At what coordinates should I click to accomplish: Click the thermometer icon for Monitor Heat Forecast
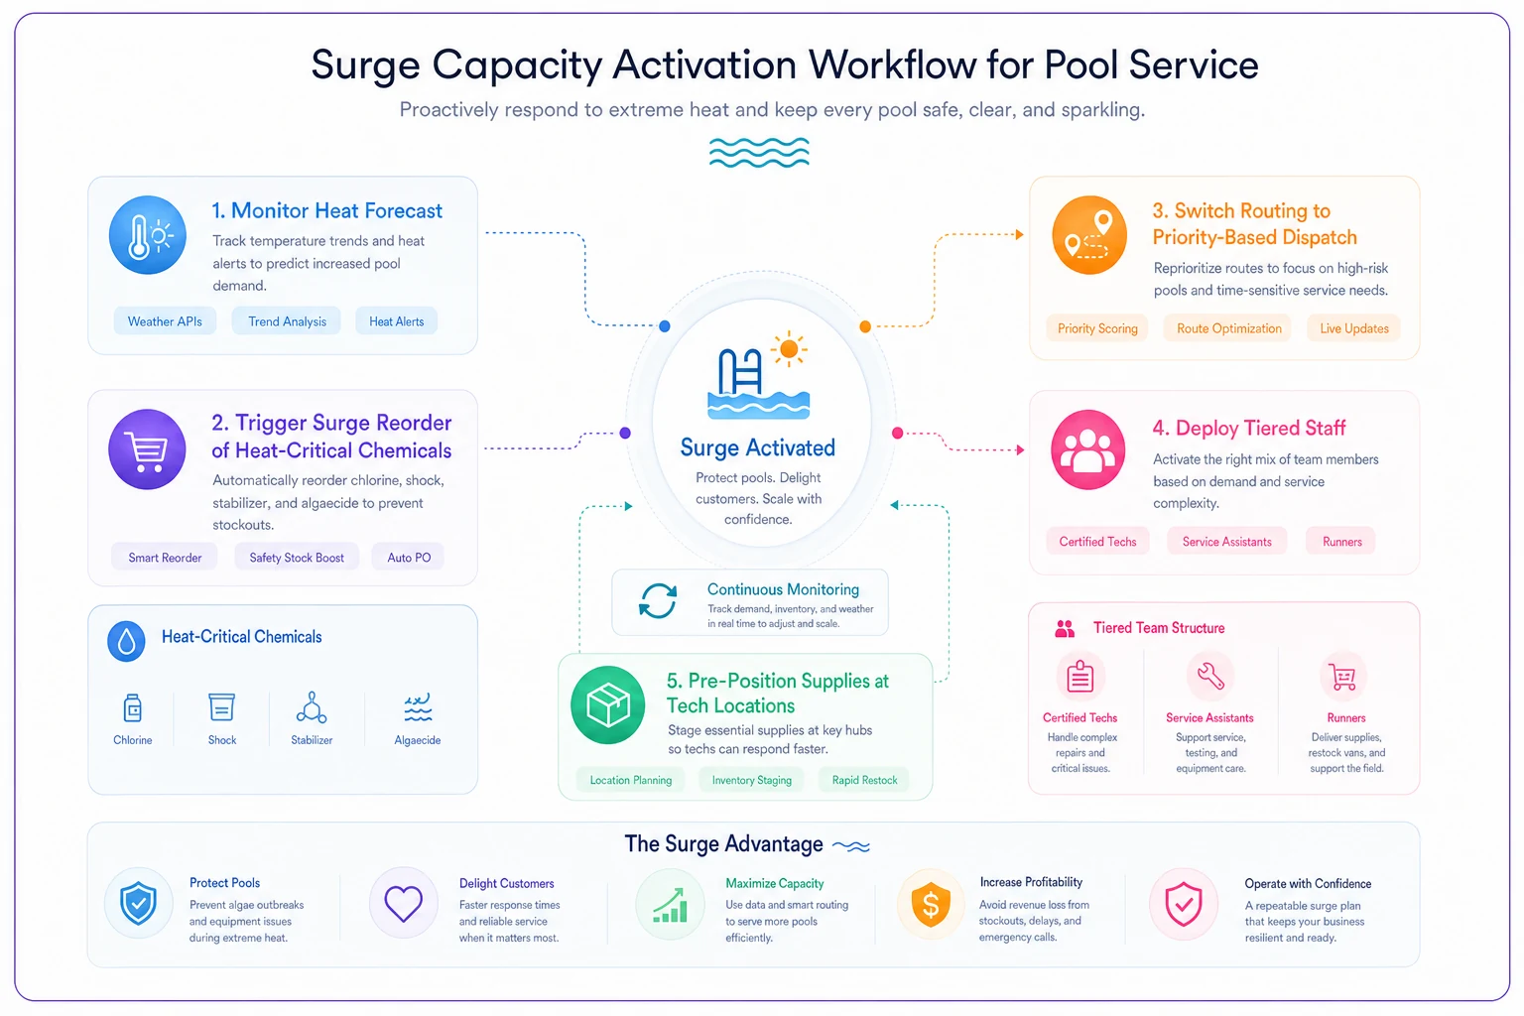tap(147, 235)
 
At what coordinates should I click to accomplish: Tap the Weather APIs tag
tap(165, 321)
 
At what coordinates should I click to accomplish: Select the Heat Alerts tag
tap(396, 321)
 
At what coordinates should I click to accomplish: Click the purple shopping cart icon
tap(147, 449)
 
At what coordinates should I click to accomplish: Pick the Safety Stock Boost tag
tap(297, 558)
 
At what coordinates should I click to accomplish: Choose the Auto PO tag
tap(409, 558)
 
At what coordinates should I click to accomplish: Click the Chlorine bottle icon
tap(133, 707)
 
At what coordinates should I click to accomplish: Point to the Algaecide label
tap(417, 740)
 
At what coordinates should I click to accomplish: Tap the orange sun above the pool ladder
tap(789, 349)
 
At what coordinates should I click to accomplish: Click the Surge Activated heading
tap(757, 447)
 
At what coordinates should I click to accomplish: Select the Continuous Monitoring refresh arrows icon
tap(658, 601)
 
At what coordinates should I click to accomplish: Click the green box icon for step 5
tap(607, 704)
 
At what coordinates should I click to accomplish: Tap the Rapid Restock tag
tap(864, 780)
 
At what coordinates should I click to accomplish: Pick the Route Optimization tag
tap(1228, 328)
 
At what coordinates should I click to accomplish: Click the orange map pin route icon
tap(1088, 235)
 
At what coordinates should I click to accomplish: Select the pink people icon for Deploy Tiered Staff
tap(1087, 449)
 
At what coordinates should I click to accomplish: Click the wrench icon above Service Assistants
tap(1210, 676)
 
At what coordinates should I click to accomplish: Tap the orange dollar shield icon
tap(930, 904)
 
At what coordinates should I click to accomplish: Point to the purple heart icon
tap(404, 904)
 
